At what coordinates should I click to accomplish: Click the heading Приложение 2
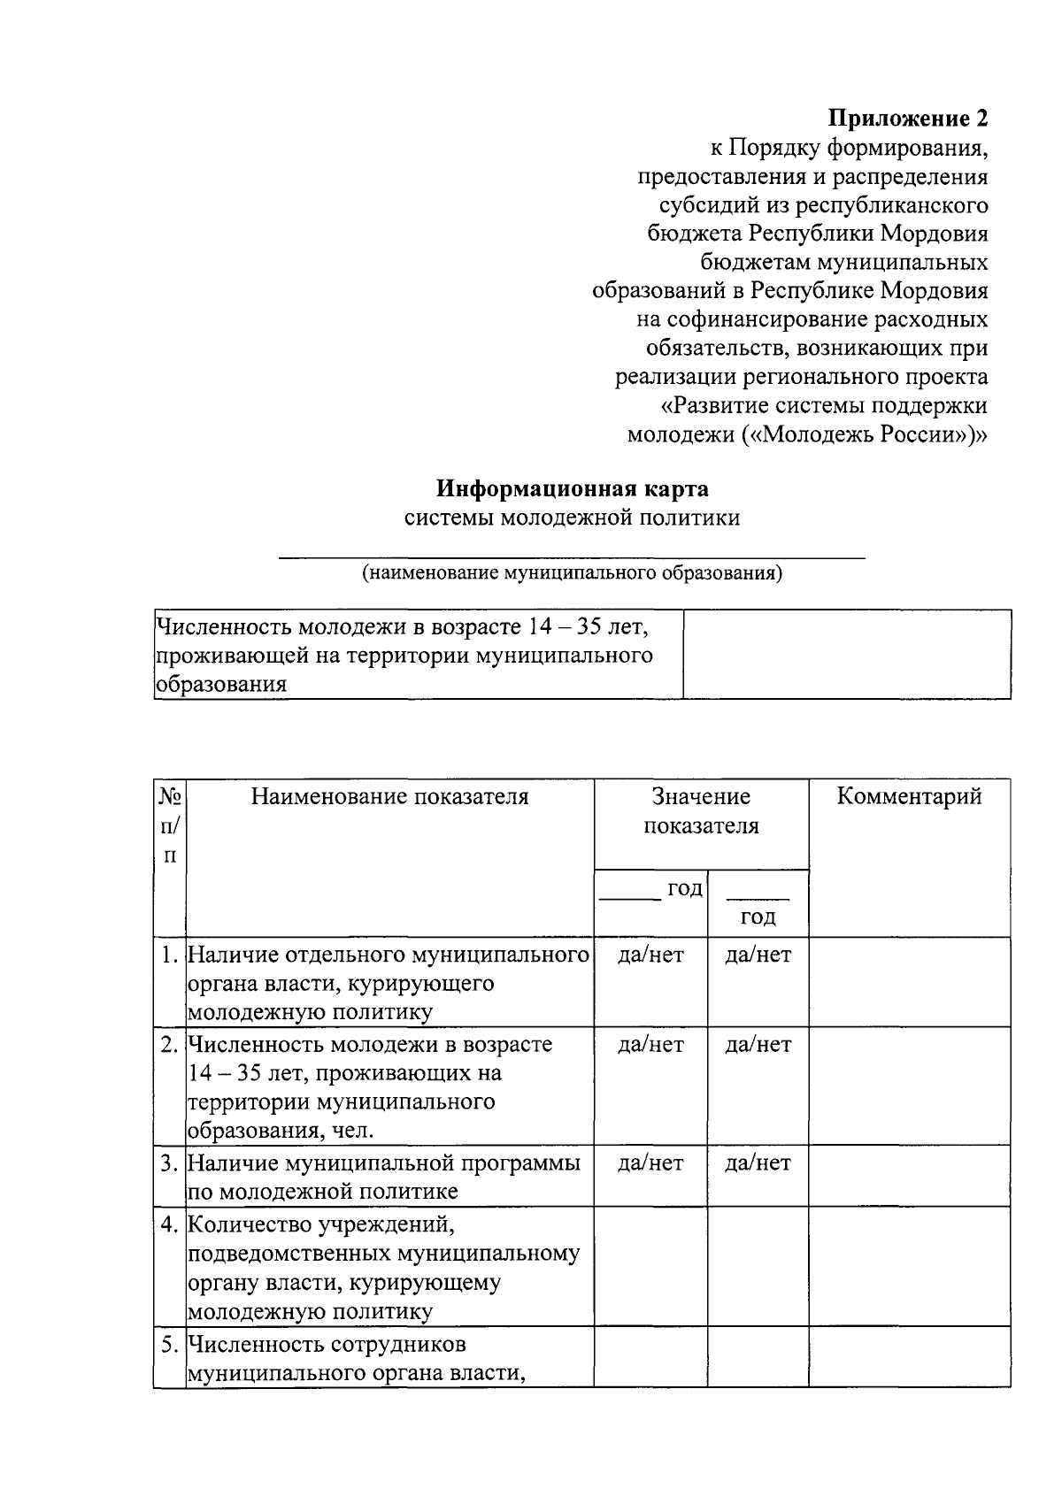point(907,118)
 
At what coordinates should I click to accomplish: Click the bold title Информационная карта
point(573,488)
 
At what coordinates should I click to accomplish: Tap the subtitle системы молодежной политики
point(573,518)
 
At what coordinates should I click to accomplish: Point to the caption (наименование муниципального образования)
point(573,572)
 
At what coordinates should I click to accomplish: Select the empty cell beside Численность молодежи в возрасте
point(847,655)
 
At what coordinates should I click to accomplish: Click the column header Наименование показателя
point(389,796)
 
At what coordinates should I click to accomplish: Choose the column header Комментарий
point(909,796)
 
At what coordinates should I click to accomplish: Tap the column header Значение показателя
point(701,811)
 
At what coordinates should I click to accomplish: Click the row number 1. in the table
point(170,955)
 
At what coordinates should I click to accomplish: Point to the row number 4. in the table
point(170,1225)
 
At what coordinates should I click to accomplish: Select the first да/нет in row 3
point(650,1163)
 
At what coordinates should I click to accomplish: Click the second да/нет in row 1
point(758,955)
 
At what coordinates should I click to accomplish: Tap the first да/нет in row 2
point(650,1045)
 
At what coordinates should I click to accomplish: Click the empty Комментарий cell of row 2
point(909,1086)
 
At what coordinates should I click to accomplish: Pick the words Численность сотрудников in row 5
point(327,1345)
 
